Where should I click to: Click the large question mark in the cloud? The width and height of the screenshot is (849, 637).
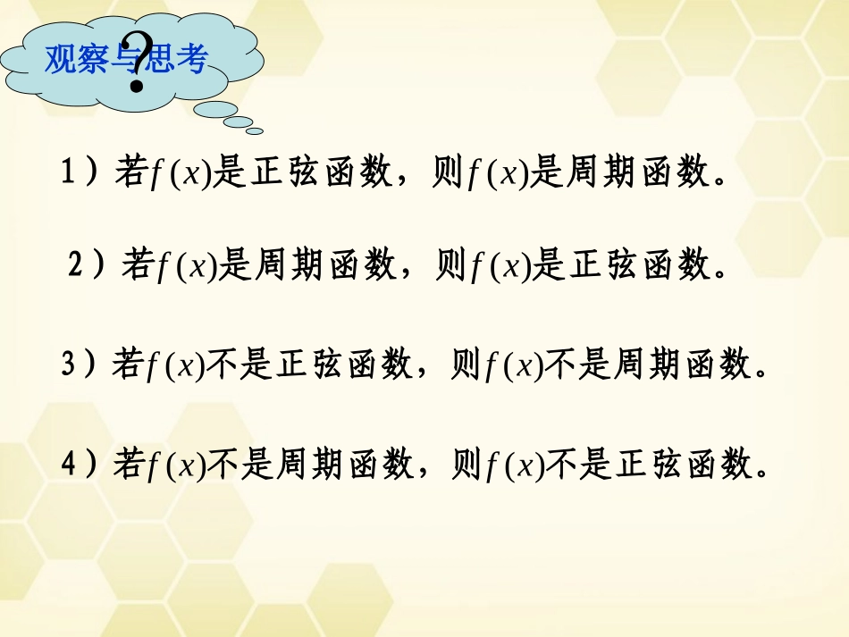pyautogui.click(x=137, y=63)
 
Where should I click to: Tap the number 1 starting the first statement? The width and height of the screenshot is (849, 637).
pyautogui.click(x=69, y=172)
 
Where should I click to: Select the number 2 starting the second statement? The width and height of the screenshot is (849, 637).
pyautogui.click(x=77, y=264)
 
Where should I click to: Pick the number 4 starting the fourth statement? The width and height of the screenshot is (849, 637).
pyautogui.click(x=71, y=464)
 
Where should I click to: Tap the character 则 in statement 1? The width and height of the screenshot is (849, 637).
pyautogui.click(x=448, y=172)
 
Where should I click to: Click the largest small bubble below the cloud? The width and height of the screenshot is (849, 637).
pyautogui.click(x=215, y=110)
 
